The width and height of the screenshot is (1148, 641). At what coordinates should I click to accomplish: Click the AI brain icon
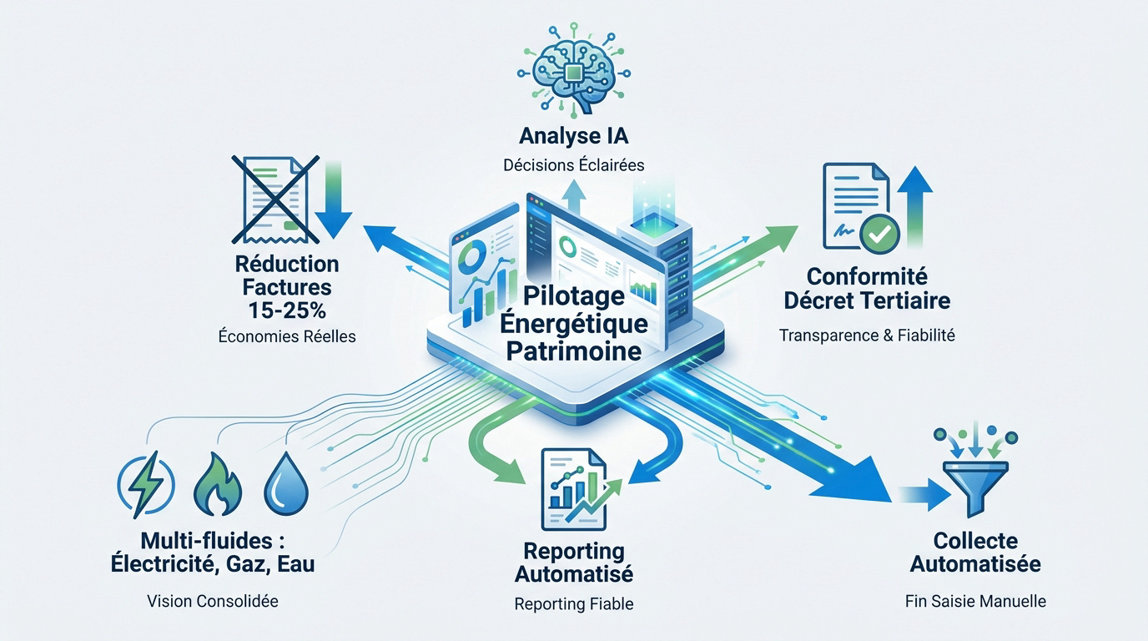(573, 68)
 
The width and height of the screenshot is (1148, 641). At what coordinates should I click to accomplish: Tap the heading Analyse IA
(573, 136)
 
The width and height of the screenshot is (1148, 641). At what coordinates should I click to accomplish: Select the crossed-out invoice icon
(275, 199)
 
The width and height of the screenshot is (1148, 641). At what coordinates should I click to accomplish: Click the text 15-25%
(287, 310)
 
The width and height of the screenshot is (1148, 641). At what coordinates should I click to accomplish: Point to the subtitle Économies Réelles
(287, 336)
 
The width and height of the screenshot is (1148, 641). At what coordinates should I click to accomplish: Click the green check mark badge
(880, 235)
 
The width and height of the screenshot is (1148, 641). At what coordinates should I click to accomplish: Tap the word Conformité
(867, 277)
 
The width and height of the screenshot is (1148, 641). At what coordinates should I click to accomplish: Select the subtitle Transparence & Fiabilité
(867, 336)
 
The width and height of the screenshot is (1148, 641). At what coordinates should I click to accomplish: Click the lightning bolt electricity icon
(147, 484)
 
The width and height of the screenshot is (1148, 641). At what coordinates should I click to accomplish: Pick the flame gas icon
(218, 484)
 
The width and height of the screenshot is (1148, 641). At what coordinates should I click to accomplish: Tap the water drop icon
(286, 485)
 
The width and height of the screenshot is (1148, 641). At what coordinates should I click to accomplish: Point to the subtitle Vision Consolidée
(213, 601)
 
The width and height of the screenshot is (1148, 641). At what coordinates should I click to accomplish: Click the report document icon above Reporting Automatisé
(574, 490)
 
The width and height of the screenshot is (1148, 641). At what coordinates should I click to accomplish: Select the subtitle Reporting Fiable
(574, 604)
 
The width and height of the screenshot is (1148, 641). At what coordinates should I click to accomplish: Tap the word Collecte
(975, 541)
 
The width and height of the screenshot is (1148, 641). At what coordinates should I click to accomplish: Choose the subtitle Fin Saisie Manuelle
(975, 601)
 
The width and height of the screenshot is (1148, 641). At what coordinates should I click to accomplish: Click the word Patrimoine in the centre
(574, 351)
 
